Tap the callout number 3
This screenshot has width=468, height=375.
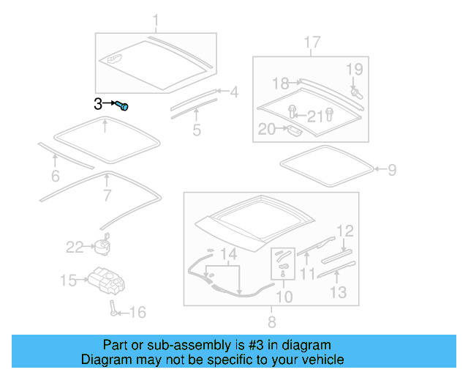[99, 104]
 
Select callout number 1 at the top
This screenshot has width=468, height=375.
[155, 20]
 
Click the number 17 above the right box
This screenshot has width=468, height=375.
[312, 42]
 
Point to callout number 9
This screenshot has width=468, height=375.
[392, 170]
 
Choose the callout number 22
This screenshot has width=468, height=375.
[75, 248]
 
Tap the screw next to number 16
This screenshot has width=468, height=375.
[114, 308]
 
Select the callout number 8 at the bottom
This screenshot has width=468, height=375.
[271, 322]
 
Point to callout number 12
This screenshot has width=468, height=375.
[345, 231]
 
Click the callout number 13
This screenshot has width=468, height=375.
[338, 293]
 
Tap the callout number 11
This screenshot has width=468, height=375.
[307, 273]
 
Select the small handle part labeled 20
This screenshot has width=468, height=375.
[292, 131]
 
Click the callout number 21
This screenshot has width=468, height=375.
[314, 116]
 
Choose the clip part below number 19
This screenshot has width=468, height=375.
[358, 93]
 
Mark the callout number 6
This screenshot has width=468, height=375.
[55, 176]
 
